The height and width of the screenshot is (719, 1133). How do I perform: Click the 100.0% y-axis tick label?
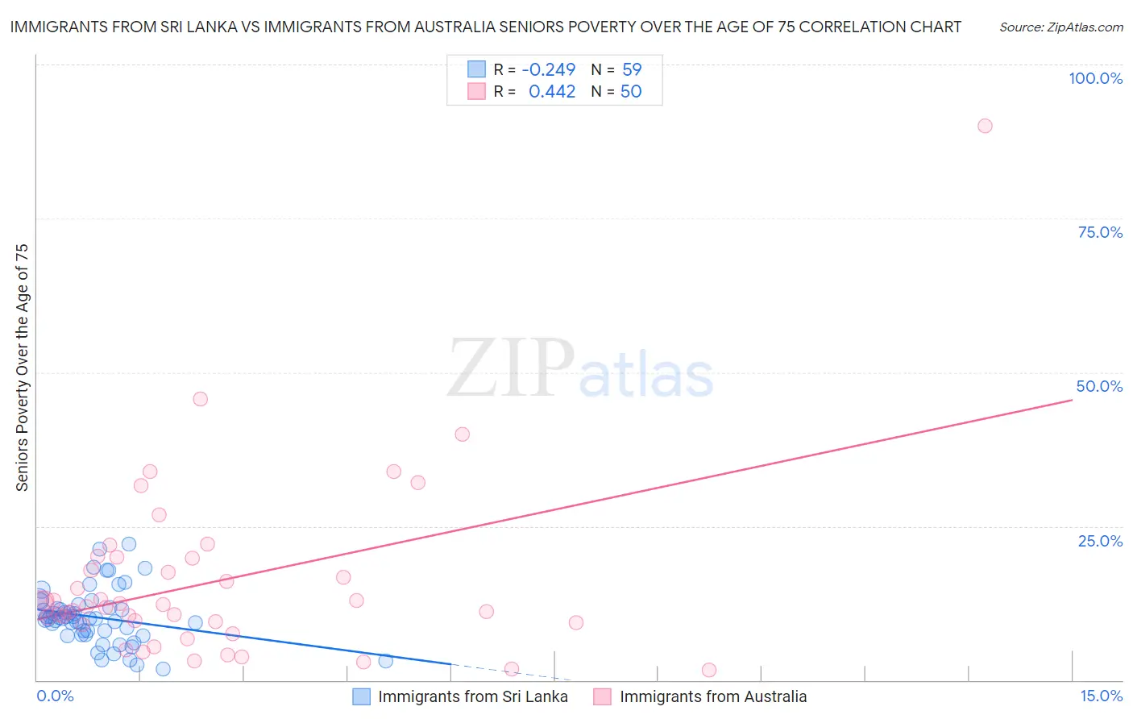(x=1095, y=78)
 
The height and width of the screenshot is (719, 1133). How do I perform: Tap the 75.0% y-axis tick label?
(x=1100, y=232)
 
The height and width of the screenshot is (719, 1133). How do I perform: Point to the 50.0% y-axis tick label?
(x=1099, y=386)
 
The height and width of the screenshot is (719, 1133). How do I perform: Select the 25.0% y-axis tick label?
(x=1100, y=541)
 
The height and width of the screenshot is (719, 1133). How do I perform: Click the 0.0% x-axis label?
(x=55, y=696)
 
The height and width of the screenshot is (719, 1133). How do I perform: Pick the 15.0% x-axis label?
(x=1101, y=696)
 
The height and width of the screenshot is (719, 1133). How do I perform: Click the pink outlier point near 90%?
(x=985, y=126)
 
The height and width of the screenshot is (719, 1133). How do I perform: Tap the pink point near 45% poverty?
(x=201, y=399)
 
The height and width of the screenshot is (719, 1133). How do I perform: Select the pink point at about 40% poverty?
(x=462, y=434)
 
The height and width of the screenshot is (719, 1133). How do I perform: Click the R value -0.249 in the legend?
(x=549, y=69)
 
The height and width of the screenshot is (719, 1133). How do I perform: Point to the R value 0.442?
(x=552, y=92)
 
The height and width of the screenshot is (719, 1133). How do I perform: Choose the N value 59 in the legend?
(x=632, y=69)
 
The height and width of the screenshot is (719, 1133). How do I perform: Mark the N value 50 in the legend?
(x=631, y=92)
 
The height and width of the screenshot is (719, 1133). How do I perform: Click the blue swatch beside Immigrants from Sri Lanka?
(x=361, y=697)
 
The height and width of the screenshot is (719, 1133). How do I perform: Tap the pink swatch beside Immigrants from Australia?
(x=603, y=697)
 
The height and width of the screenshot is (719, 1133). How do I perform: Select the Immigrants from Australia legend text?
(x=713, y=697)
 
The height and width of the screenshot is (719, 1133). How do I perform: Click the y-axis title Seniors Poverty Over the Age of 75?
(x=22, y=368)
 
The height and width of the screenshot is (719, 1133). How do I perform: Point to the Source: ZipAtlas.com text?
(x=1061, y=27)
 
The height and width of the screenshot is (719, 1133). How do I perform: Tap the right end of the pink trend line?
(x=1071, y=400)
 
